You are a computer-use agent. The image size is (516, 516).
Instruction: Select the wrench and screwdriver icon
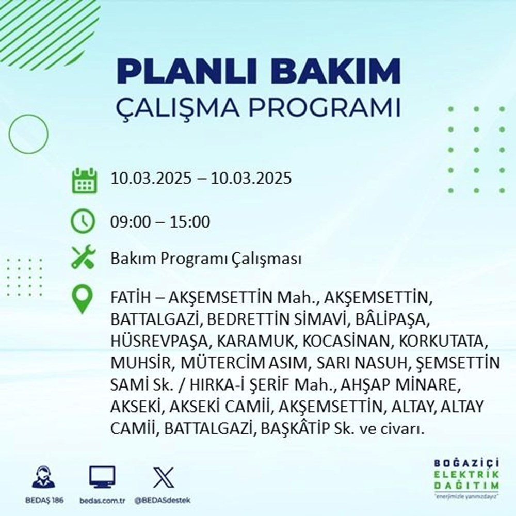[x=83, y=258]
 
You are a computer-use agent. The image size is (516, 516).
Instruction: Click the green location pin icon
[x=83, y=300]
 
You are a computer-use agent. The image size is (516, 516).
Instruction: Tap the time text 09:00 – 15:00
[x=160, y=222]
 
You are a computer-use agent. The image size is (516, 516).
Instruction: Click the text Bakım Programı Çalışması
[x=206, y=259]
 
